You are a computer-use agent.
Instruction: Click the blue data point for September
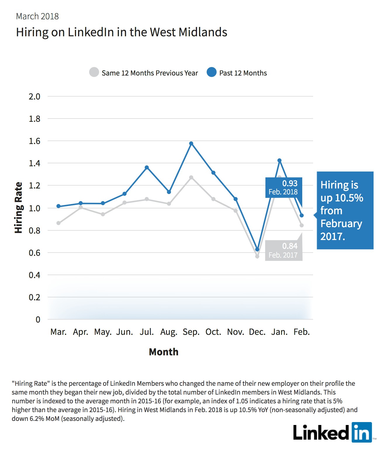coord(191,143)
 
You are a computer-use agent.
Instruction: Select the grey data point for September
coord(191,177)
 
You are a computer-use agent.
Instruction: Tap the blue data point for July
coord(147,167)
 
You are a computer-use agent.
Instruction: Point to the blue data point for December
coord(257,249)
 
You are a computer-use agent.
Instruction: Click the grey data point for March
coord(58,223)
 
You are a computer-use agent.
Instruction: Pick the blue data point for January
coord(279,160)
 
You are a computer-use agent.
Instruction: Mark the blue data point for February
coord(301,215)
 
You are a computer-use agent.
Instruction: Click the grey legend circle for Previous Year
coord(94,72)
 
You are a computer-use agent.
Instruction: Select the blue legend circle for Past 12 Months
coord(211,72)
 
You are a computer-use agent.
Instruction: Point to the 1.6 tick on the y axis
coord(34,141)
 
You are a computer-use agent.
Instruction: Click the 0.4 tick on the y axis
coord(34,275)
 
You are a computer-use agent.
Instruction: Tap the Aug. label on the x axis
coord(169,332)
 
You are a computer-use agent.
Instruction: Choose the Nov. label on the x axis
coord(235,332)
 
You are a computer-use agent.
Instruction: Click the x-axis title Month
coord(163,352)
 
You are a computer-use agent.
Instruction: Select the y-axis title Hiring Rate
coord(18,208)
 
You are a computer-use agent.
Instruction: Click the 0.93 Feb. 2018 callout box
coord(284,187)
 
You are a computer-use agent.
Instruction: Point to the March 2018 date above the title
coord(37,16)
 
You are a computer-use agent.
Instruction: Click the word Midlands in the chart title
coord(203,32)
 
